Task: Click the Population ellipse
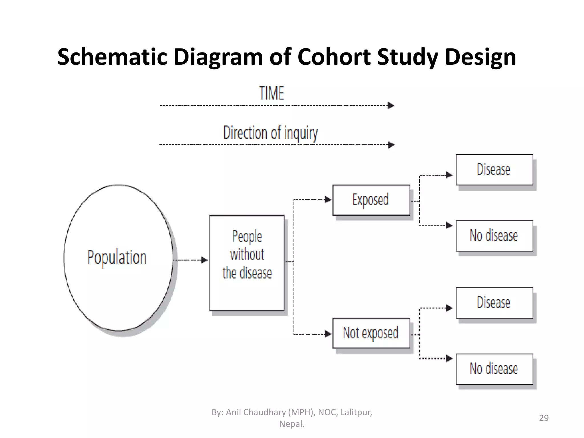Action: tap(118, 258)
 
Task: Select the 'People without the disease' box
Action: tap(247, 263)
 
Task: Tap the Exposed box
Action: tap(371, 200)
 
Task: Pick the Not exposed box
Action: tap(371, 333)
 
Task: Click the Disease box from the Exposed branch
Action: tap(494, 170)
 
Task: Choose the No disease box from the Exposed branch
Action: tap(494, 236)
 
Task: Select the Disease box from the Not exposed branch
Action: tap(494, 303)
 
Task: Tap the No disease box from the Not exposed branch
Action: tap(494, 369)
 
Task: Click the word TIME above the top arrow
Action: tap(272, 93)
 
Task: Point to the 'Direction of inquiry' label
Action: tap(270, 133)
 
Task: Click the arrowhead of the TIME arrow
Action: tap(391, 106)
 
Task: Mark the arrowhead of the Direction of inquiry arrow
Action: tap(391, 145)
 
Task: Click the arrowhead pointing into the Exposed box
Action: tap(328, 200)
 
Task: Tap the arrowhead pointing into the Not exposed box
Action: tap(328, 334)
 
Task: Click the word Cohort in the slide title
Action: tap(334, 57)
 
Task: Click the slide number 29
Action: tap(544, 418)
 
